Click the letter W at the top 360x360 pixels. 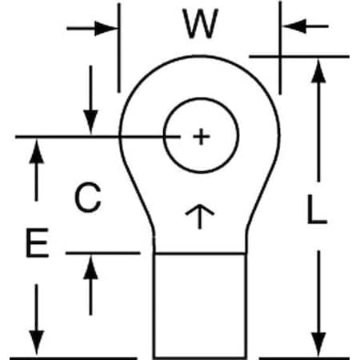click(x=200, y=23)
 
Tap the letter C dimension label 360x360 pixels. click(x=88, y=198)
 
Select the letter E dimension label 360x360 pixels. click(x=37, y=242)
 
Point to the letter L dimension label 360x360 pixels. click(x=317, y=209)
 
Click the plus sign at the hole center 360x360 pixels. click(x=201, y=137)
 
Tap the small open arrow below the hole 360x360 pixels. click(x=200, y=217)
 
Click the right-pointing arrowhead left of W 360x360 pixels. click(x=106, y=28)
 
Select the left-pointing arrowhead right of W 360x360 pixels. click(x=294, y=26)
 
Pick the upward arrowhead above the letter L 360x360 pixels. click(x=318, y=71)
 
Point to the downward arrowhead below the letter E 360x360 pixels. click(x=37, y=342)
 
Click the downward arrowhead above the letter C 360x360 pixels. click(x=91, y=122)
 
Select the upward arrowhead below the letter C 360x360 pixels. click(x=91, y=267)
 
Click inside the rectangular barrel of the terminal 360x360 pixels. click(x=200, y=306)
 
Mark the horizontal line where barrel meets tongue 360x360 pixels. click(x=200, y=254)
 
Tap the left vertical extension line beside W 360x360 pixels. click(x=119, y=48)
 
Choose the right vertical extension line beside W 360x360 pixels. click(x=280, y=48)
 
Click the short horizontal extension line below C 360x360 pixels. click(x=103, y=253)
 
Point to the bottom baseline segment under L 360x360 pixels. click(x=304, y=358)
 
